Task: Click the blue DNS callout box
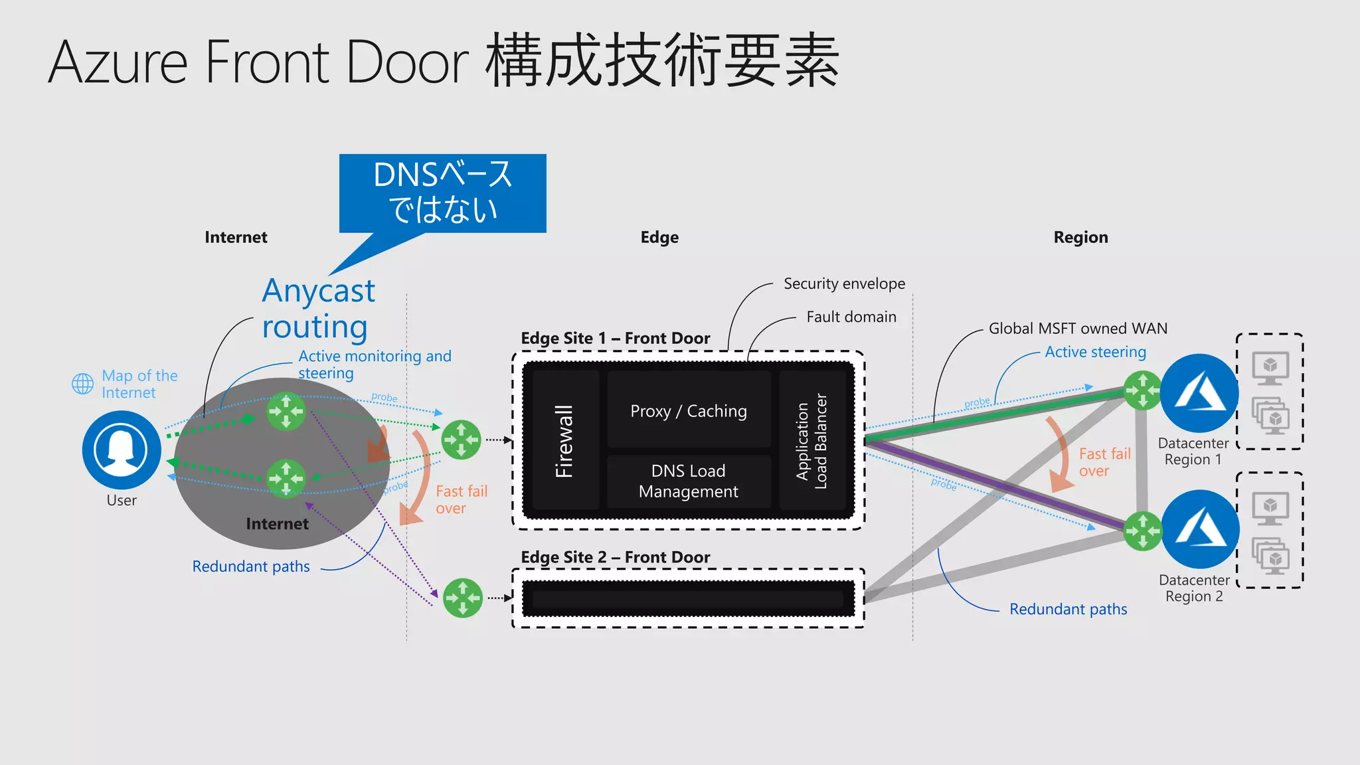pos(442,193)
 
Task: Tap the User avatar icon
pos(122,450)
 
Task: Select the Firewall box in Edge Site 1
pos(564,440)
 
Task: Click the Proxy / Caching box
pos(689,411)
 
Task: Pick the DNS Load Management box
pos(689,481)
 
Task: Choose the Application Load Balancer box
pos(812,440)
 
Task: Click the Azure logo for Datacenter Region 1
pos(1199,392)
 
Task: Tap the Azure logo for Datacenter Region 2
pos(1199,529)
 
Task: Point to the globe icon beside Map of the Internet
pos(83,383)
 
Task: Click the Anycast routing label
pos(318,309)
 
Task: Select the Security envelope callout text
pos(844,284)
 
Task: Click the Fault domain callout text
pos(851,317)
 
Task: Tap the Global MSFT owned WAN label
pos(1078,328)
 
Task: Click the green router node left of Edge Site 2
pos(462,598)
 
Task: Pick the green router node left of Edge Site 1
pos(461,440)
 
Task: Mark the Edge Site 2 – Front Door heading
pos(615,557)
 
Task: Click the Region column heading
pos(1080,237)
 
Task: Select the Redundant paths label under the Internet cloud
pos(251,566)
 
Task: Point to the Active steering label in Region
pos(1095,351)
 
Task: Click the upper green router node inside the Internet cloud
pos(286,412)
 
